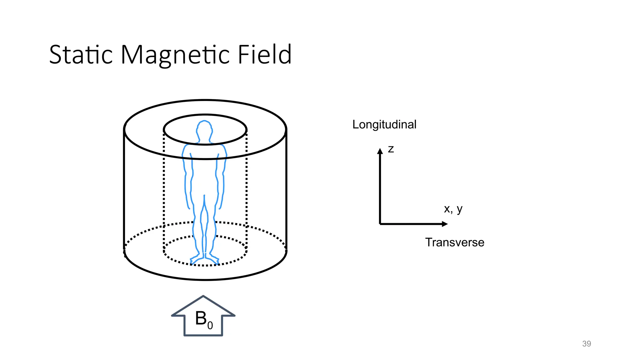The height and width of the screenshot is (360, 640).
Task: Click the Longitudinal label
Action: click(x=384, y=125)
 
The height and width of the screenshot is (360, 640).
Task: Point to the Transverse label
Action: click(x=455, y=242)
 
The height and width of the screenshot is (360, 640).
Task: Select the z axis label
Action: click(x=391, y=149)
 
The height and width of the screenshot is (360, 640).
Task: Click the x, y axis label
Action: click(x=453, y=209)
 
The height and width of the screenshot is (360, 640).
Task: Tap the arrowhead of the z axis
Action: click(x=380, y=151)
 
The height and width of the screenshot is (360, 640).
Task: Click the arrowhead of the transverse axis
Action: click(x=445, y=224)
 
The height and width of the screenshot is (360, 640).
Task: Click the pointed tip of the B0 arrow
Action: click(x=203, y=296)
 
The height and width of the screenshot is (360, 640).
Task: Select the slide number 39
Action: click(x=587, y=344)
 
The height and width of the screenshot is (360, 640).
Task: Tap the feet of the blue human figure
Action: click(x=204, y=259)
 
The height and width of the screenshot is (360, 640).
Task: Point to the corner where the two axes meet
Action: click(x=380, y=224)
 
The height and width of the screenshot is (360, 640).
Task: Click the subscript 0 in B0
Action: click(x=210, y=326)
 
